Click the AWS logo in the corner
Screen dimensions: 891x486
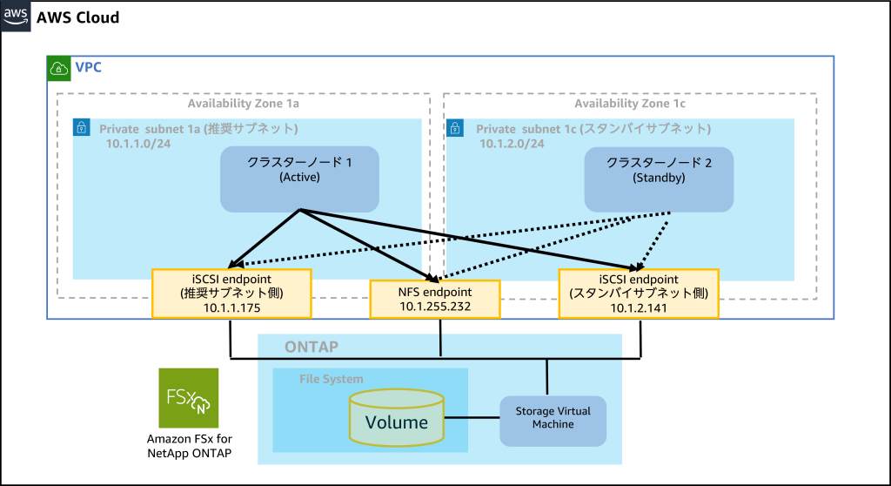point(16,16)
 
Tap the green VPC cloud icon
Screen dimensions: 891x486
point(58,68)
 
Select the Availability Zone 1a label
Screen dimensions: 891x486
point(244,104)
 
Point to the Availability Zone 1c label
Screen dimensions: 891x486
point(630,104)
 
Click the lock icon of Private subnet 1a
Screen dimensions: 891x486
point(82,127)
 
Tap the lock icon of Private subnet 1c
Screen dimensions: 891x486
point(455,127)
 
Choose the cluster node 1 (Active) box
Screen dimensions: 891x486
point(299,179)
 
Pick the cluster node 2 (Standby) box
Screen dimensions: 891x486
point(659,179)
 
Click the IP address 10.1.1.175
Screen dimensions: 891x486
point(231,307)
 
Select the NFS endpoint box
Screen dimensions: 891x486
point(435,300)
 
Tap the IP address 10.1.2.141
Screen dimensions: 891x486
point(639,307)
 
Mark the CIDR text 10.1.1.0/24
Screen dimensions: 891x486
point(138,144)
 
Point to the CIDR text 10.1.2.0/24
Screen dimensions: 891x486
point(512,144)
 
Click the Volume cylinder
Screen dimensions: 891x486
point(397,418)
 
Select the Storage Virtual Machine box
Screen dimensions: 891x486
point(553,422)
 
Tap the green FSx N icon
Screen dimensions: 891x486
point(189,398)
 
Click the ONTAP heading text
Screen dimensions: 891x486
point(312,348)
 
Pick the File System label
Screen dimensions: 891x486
point(332,379)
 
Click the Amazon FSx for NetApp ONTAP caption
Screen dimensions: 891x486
point(189,446)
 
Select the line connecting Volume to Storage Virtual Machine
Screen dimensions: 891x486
point(472,418)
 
